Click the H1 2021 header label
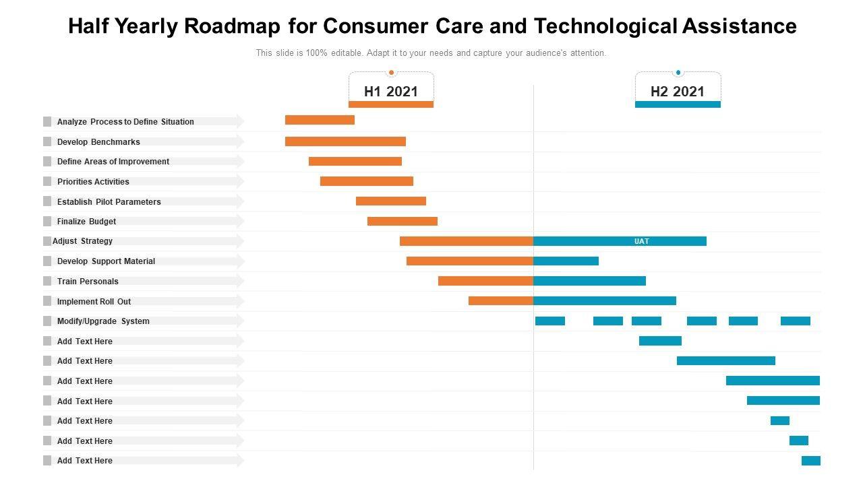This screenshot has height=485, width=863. click(x=391, y=92)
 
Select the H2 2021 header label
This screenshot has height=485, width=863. click(x=678, y=92)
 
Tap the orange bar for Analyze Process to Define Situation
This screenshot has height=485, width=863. click(x=320, y=120)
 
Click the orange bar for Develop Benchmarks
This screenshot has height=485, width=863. click(x=345, y=141)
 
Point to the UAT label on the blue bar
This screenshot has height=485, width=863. click(x=641, y=241)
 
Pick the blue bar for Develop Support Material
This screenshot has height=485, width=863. click(x=566, y=261)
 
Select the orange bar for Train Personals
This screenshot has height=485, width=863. click(x=485, y=281)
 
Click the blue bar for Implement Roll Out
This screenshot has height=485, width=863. click(x=605, y=301)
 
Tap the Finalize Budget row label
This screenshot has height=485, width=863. click(x=86, y=222)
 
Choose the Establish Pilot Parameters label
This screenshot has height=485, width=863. click(x=109, y=201)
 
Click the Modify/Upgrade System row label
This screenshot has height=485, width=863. click(x=103, y=321)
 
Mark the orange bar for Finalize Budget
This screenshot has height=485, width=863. click(x=403, y=221)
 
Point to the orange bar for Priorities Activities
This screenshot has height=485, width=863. click(x=367, y=181)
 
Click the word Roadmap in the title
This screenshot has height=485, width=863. click(x=230, y=26)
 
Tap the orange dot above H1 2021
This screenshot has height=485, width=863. click(x=391, y=73)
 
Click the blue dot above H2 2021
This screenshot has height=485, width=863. click(x=678, y=73)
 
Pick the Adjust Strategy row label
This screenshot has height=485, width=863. click(x=82, y=241)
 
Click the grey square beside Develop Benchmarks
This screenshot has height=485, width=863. click(x=47, y=141)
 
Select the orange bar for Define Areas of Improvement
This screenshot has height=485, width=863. click(x=355, y=161)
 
